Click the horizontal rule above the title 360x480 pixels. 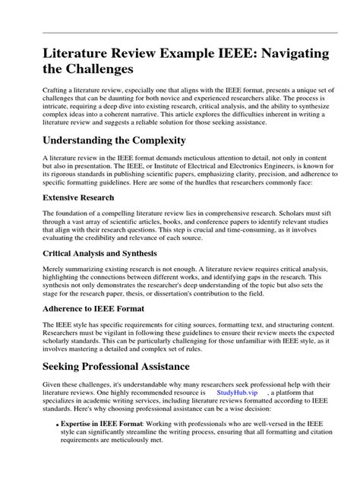(180, 33)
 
